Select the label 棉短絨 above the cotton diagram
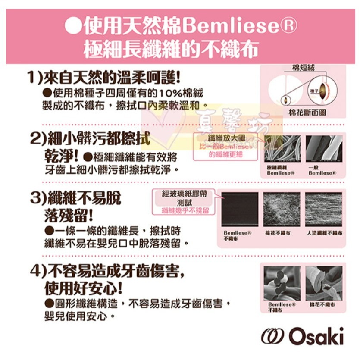[303, 67]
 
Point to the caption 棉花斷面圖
[307, 112]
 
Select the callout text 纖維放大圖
[226, 137]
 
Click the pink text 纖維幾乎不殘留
[185, 210]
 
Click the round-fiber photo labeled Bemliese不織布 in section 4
[281, 282]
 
